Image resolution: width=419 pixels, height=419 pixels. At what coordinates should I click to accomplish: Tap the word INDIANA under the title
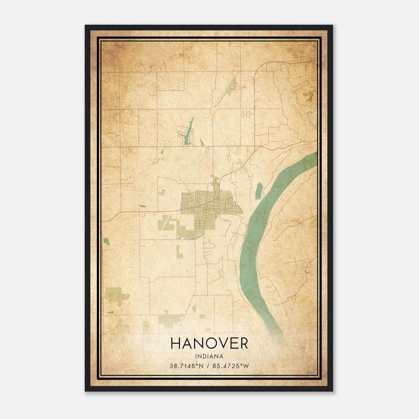[209, 356]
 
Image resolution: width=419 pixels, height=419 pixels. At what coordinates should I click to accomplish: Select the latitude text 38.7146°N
[186, 366]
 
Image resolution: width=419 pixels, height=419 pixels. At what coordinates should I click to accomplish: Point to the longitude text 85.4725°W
[230, 366]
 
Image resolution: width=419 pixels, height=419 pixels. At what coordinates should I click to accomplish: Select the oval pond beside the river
[259, 191]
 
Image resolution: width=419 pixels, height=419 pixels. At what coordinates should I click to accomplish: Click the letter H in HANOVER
[176, 343]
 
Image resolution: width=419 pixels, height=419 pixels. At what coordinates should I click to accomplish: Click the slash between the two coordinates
[208, 366]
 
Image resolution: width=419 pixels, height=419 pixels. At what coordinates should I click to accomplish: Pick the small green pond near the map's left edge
[106, 241]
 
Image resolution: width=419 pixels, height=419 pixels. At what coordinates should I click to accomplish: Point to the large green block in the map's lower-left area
[115, 295]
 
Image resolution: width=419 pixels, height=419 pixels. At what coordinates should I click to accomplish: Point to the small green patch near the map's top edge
[181, 55]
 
